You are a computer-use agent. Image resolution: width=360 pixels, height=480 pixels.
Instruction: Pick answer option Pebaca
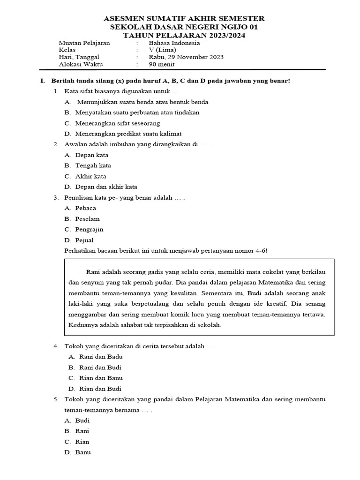pyautogui.click(x=85, y=208)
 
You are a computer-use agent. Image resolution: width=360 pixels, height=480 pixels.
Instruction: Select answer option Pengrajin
pyautogui.click(x=89, y=230)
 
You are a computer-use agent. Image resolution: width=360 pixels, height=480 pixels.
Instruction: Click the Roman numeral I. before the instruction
pyautogui.click(x=42, y=81)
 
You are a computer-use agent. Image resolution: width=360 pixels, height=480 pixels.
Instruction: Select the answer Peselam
pyautogui.click(x=87, y=219)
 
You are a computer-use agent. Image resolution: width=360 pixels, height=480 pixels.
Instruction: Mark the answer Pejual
pyautogui.click(x=84, y=240)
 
